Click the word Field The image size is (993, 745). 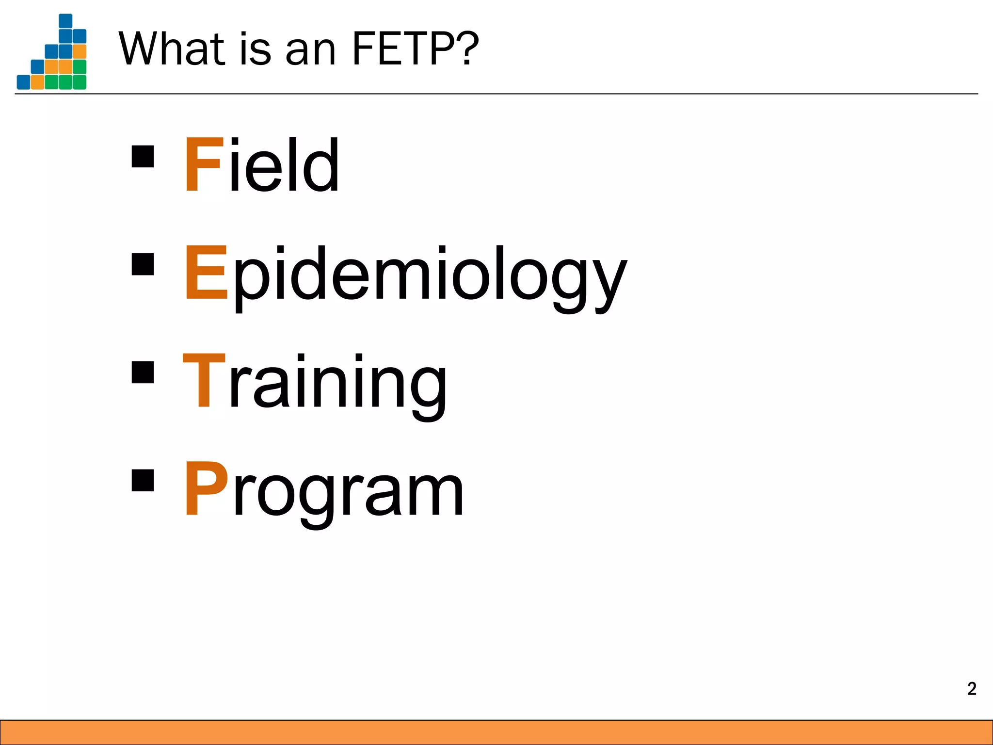(262, 165)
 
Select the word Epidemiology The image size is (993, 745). (405, 274)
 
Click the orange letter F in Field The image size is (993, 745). (198, 165)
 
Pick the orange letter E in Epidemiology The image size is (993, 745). (206, 273)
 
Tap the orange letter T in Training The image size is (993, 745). (204, 380)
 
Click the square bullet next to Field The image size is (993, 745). (143, 157)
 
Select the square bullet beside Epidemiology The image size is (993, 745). (143, 264)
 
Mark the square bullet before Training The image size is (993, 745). (143, 372)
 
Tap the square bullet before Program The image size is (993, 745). (143, 480)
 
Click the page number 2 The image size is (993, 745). (972, 689)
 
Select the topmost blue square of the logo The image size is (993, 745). (65, 21)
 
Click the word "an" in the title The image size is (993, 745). (310, 51)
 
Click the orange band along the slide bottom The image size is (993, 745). (496, 732)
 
